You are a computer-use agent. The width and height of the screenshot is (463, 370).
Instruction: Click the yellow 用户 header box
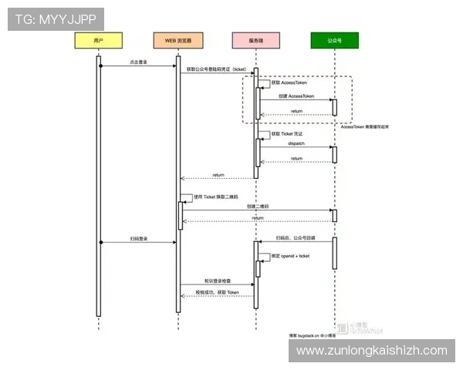[98, 40]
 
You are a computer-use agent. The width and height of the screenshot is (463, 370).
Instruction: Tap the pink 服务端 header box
[256, 40]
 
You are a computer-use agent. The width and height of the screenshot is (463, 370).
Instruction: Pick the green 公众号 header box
[335, 40]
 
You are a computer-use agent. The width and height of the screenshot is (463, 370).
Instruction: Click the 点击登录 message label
[139, 62]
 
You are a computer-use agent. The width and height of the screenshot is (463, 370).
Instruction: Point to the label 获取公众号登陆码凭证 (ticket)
[217, 69]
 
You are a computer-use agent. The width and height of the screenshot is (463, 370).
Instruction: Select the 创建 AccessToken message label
[296, 96]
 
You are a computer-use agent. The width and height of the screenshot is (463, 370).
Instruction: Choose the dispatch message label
[296, 143]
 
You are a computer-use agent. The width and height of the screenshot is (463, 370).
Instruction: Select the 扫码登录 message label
[139, 238]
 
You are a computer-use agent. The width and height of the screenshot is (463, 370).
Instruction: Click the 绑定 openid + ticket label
[290, 255]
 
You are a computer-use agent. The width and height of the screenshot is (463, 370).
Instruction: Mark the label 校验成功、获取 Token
[217, 292]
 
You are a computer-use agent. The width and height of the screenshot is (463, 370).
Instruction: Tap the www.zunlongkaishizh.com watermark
[371, 351]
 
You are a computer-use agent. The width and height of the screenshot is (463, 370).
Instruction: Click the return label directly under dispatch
[296, 158]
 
